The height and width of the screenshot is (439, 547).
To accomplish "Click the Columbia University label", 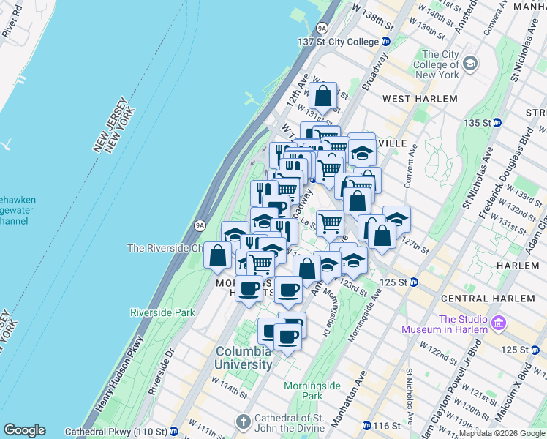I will coord(244,357).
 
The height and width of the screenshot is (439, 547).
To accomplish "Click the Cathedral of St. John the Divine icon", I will coord(243,422).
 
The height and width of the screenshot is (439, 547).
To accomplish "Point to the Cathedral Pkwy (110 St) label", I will coord(117,431).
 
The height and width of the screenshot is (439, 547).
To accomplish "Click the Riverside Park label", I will coord(162,312).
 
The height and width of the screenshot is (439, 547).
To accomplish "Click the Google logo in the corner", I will coord(24,430).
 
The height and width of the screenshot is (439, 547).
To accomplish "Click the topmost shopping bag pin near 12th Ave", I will coord(322,96).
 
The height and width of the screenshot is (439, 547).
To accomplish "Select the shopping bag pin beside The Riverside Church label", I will coord(218,256).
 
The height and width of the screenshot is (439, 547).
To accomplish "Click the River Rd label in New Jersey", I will coord(12,22).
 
